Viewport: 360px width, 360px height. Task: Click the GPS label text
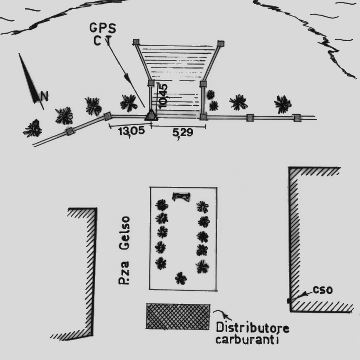103,28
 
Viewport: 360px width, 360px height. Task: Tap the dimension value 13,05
131,131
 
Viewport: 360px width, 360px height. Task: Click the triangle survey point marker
150,115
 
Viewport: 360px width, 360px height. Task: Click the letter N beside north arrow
44,97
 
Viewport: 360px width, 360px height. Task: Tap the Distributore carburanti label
252,333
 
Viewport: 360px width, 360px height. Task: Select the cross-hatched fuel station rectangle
178,316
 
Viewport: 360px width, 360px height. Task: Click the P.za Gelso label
124,250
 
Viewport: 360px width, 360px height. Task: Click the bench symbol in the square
181,196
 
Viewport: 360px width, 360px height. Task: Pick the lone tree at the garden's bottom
181,278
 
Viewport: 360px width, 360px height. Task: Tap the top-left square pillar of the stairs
136,42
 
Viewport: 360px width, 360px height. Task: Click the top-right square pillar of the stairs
221,43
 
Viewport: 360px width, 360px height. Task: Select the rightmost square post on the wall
296,118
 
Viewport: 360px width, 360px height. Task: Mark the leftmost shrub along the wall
32,129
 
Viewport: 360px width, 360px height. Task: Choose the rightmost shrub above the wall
283,104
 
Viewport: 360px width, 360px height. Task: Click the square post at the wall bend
107,116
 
